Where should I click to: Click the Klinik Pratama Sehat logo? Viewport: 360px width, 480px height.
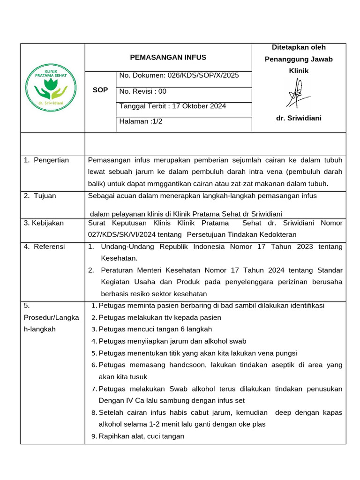52,88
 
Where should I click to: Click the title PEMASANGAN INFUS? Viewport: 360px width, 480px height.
168,58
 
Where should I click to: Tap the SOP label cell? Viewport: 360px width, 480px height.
100,90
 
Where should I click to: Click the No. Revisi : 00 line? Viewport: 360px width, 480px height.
143,91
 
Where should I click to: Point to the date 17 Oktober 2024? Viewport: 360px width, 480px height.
199,106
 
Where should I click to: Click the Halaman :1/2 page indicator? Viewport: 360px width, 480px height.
141,121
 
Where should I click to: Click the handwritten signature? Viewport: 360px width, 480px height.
298,93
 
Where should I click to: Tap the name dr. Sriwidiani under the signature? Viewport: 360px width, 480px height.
299,118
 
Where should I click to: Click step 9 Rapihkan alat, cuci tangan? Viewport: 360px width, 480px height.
142,436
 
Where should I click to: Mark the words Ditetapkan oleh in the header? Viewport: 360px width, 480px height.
299,47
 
